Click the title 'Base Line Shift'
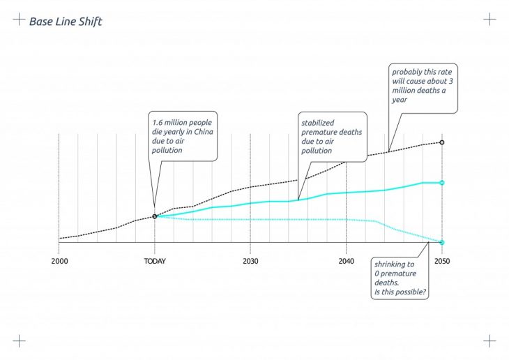point(66,22)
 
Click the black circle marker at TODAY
point(155,216)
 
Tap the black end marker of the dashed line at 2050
point(441,142)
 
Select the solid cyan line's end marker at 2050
point(441,183)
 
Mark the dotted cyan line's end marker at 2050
point(441,242)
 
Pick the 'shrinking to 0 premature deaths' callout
point(400,278)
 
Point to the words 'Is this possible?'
point(400,292)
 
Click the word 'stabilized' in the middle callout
point(317,123)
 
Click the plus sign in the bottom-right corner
point(489,341)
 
